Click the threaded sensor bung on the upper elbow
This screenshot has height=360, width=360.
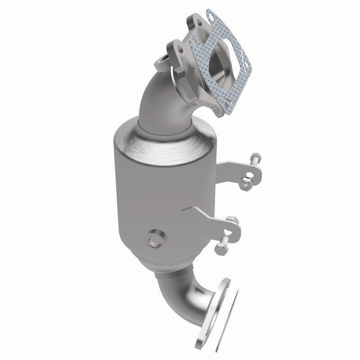tap(161, 63)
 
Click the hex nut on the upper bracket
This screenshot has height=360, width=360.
tap(246, 182)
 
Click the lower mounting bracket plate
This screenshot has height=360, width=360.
tap(211, 220)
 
